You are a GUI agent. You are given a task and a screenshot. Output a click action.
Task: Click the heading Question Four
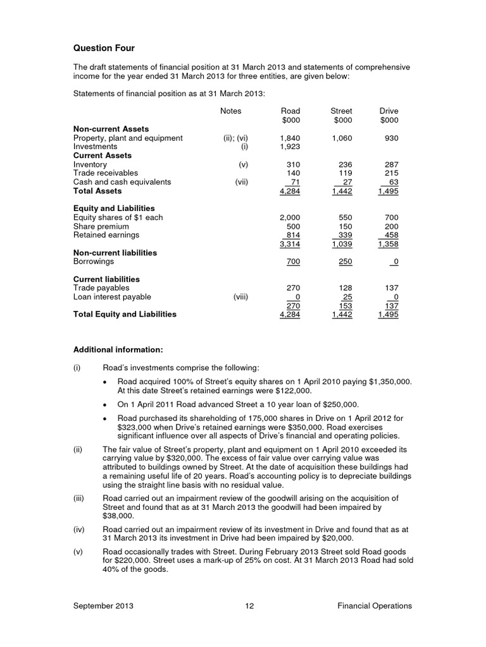click(104, 49)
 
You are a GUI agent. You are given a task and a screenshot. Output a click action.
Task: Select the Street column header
click(342, 111)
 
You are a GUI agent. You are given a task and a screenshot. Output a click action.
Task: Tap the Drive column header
click(389, 111)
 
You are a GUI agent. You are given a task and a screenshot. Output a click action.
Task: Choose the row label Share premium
click(101, 226)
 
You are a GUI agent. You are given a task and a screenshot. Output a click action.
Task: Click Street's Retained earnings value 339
click(344, 235)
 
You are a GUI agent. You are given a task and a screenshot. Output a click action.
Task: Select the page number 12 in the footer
click(249, 606)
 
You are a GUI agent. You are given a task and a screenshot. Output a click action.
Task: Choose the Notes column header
click(230, 111)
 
